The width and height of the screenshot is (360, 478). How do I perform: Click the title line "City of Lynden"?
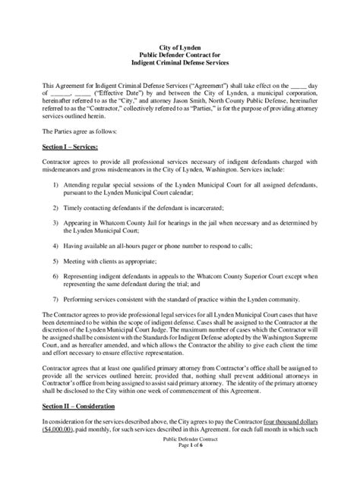(x=179, y=48)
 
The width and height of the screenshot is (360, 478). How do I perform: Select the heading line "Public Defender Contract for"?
(x=179, y=55)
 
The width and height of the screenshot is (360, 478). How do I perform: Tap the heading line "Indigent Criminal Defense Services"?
(x=179, y=63)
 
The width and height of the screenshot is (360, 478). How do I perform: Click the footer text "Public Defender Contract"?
(x=179, y=461)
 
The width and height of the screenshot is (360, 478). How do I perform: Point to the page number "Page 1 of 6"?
(x=179, y=468)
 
